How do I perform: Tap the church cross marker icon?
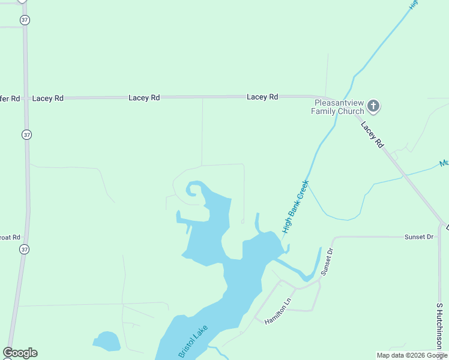click(373, 107)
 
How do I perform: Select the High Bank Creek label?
click(295, 206)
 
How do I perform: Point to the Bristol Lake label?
click(193, 343)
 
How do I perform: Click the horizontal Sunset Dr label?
click(418, 237)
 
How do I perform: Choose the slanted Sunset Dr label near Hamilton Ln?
click(327, 262)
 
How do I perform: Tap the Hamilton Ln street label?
click(278, 311)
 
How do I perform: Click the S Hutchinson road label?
click(439, 325)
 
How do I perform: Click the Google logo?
click(20, 353)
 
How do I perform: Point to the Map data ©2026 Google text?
click(411, 355)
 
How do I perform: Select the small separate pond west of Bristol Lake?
click(107, 341)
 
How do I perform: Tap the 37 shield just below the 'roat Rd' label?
click(24, 249)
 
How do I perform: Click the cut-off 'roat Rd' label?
click(10, 237)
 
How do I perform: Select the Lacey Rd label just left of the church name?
click(262, 97)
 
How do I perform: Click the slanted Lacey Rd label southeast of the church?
click(372, 135)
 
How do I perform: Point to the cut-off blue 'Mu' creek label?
click(444, 163)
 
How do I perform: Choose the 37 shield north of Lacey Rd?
click(24, 20)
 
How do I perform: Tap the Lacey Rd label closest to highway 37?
click(48, 98)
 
